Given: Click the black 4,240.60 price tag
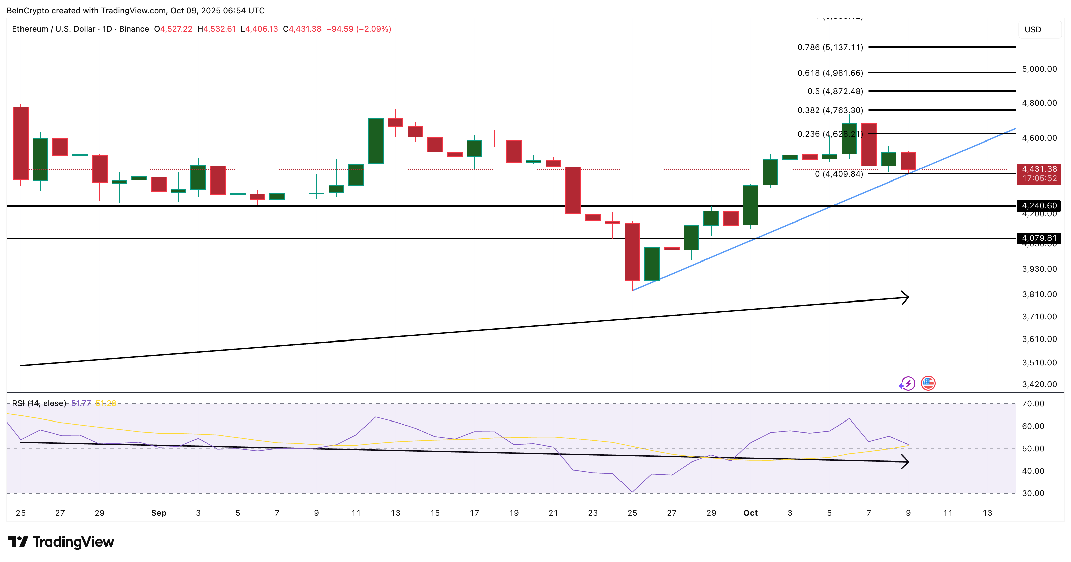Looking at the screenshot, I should (1038, 205).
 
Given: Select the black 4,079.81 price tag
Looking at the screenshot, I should (1038, 238).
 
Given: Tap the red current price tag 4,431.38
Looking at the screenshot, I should (1038, 173).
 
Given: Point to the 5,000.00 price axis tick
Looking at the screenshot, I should (1039, 69).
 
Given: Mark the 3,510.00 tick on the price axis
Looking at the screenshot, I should (1039, 362).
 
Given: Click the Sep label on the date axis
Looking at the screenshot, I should (159, 513).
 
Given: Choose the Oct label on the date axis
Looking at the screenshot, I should (750, 513).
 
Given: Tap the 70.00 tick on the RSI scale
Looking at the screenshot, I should (1033, 403).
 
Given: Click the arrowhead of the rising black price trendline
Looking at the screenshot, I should (905, 297).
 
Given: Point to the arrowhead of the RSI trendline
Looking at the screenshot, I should (905, 461).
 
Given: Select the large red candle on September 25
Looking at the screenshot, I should (632, 252).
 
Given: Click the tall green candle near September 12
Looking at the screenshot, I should (376, 140).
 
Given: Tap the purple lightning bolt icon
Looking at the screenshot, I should (908, 383).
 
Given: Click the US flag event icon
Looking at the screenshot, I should (928, 383).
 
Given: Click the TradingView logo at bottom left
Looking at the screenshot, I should (61, 541).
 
